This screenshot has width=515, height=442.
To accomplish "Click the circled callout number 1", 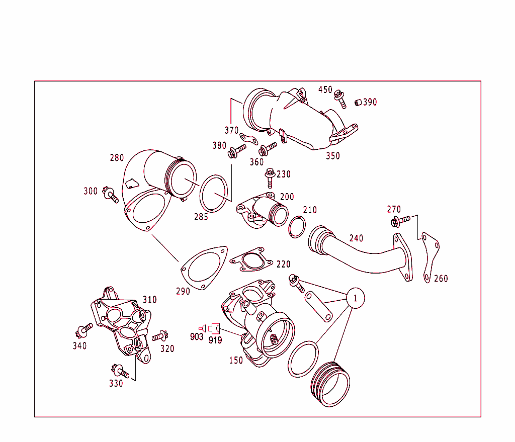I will click(x=355, y=298).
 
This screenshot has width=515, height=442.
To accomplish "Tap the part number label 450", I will click(x=325, y=90).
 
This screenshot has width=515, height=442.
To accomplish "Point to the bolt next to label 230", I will click(x=270, y=178).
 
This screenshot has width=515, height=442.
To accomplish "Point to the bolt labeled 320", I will click(x=159, y=335).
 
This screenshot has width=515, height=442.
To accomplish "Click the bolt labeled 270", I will click(x=397, y=221).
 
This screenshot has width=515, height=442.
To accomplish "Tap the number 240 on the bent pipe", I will click(x=356, y=238).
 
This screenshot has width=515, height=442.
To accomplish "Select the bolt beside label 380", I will click(x=236, y=151).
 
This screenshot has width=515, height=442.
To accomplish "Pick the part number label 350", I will click(x=332, y=156).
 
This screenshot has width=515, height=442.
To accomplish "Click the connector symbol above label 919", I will click(x=216, y=328).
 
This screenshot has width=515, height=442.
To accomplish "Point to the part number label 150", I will click(x=236, y=360).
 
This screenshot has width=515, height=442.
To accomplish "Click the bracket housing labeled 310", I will click(x=122, y=322).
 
